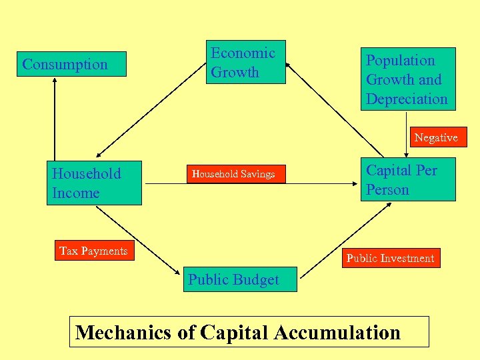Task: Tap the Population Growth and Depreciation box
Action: pyautogui.click(x=407, y=79)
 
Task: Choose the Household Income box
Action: pyautogui.click(x=94, y=183)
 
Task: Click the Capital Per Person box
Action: pyautogui.click(x=408, y=179)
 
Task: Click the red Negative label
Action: pyautogui.click(x=436, y=137)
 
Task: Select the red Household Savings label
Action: pyautogui.click(x=233, y=174)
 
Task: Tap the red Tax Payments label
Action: pyautogui.click(x=93, y=251)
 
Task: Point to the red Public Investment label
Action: pyautogui.click(x=391, y=258)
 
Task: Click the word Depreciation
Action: pyautogui.click(x=407, y=99)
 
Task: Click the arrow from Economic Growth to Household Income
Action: pyautogui.click(x=147, y=117)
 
